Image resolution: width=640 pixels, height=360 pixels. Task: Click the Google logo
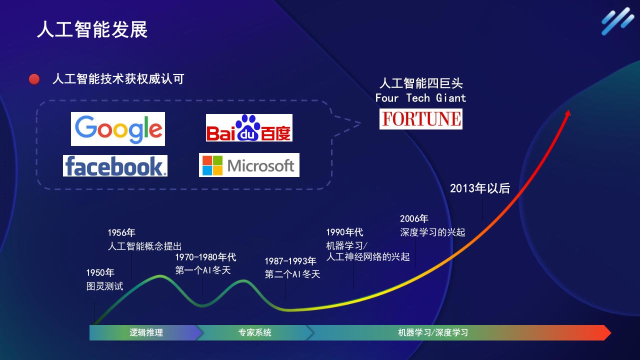[118, 129]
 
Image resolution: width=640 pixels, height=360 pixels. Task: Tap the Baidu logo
[249, 127]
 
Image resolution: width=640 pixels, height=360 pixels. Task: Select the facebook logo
[115, 165]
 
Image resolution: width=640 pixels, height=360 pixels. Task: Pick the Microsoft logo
[249, 165]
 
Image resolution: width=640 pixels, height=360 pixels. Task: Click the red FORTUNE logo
[421, 119]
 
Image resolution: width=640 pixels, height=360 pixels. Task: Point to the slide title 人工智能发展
[92, 29]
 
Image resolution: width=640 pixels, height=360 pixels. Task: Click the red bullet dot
[34, 79]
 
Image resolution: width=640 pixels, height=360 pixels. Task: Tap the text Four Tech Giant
[420, 98]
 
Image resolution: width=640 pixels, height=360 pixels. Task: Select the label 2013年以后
[480, 188]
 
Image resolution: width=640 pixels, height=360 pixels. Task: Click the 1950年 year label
[100, 272]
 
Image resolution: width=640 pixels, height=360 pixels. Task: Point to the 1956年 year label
[121, 232]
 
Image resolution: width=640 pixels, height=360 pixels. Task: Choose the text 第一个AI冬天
[203, 270]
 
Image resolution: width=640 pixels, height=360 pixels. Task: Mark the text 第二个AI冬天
[292, 274]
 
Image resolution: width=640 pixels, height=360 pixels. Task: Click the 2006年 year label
[414, 218]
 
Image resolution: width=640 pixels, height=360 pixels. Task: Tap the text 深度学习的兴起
[432, 232]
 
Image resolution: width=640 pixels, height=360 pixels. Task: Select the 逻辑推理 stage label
[146, 332]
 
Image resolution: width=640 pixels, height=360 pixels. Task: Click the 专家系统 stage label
[255, 332]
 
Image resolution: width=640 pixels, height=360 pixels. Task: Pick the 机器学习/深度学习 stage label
[433, 332]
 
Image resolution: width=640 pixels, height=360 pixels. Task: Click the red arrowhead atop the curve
[568, 113]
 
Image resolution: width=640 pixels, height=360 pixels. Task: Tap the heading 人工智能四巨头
[421, 83]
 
